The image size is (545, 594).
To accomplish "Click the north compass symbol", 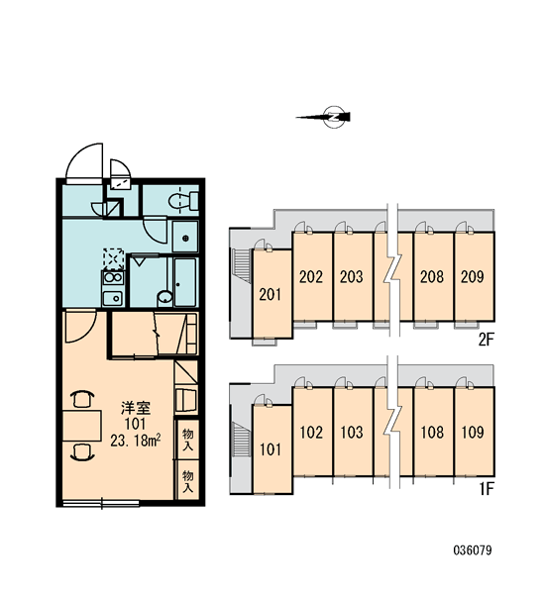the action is pyautogui.click(x=329, y=117).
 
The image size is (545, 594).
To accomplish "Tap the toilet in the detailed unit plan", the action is pyautogui.click(x=183, y=200).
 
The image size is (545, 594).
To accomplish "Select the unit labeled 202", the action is pyautogui.click(x=312, y=277).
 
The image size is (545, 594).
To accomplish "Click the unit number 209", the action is pyautogui.click(x=473, y=277).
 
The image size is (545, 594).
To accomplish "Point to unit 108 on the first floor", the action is pyautogui.click(x=433, y=432).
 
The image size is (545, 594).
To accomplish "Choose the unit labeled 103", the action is pyautogui.click(x=353, y=432).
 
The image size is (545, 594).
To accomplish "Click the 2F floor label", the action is pyautogui.click(x=486, y=340).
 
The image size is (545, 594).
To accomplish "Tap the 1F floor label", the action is pyautogui.click(x=487, y=489).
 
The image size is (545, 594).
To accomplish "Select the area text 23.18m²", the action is pyautogui.click(x=136, y=441).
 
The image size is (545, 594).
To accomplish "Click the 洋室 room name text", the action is pyautogui.click(x=136, y=408).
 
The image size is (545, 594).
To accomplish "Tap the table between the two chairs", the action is pyautogui.click(x=82, y=426).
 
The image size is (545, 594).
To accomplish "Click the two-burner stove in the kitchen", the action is pyautogui.click(x=113, y=278).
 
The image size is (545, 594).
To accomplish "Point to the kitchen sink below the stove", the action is pyautogui.click(x=113, y=299).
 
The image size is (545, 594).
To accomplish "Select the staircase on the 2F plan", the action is pyautogui.click(x=241, y=265).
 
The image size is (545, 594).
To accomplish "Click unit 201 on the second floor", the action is pyautogui.click(x=272, y=294).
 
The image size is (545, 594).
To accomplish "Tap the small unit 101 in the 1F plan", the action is pyautogui.click(x=272, y=449).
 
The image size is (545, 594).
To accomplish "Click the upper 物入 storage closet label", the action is pyautogui.click(x=187, y=439).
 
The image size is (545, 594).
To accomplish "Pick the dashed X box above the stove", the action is pyautogui.click(x=114, y=259).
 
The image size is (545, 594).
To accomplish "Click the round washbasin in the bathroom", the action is pyautogui.click(x=164, y=297).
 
